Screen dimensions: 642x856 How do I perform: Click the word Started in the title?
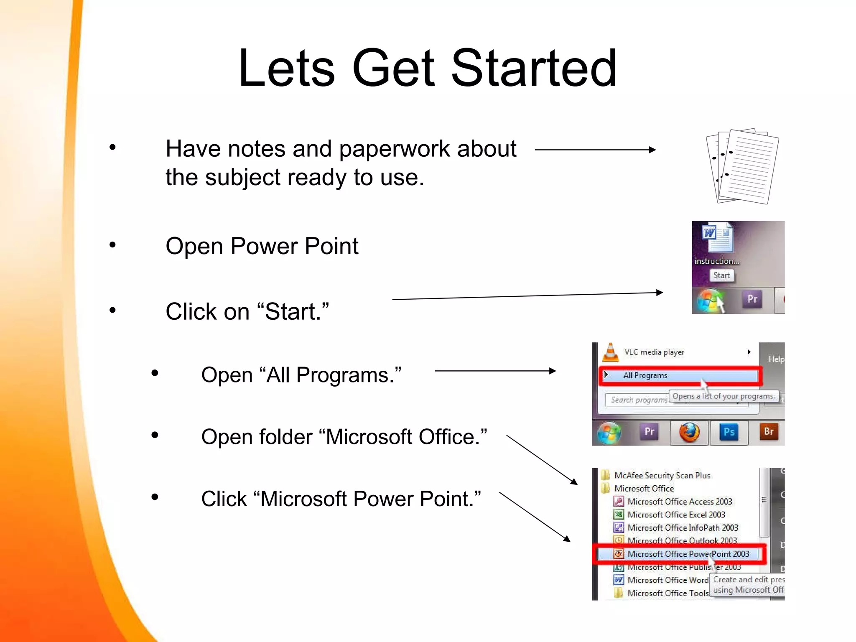pos(534,68)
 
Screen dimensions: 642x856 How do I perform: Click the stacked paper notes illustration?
pos(742,166)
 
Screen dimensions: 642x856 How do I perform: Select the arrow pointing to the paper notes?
pos(595,150)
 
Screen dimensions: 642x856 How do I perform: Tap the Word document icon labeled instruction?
pos(717,237)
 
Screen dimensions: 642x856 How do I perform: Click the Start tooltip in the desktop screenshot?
pos(721,275)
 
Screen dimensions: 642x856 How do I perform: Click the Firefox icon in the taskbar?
pos(689,432)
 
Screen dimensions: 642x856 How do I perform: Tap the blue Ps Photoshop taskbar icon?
pos(729,432)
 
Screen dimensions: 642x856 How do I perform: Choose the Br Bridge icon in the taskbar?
pos(769,432)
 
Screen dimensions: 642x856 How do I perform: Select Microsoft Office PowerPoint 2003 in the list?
pos(688,554)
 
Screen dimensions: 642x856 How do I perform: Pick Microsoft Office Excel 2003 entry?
pos(676,515)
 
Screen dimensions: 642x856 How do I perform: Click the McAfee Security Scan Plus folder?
pos(662,476)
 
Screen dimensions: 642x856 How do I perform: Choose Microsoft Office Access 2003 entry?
pos(679,502)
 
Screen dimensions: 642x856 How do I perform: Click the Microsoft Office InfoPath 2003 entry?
pos(682,528)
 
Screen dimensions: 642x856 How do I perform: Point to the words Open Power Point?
pos(262,246)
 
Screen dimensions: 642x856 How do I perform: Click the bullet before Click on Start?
pos(112,310)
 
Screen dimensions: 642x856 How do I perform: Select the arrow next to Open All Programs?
pos(495,371)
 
